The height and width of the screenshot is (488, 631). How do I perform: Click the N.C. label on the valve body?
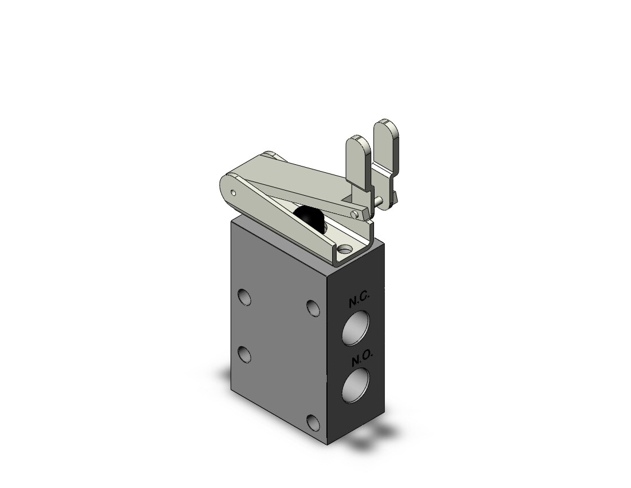tap(357, 301)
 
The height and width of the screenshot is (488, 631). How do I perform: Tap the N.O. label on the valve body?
tap(362, 359)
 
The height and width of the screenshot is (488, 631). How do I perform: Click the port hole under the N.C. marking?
tap(355, 328)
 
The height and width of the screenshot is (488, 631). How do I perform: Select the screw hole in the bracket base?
tap(345, 250)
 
